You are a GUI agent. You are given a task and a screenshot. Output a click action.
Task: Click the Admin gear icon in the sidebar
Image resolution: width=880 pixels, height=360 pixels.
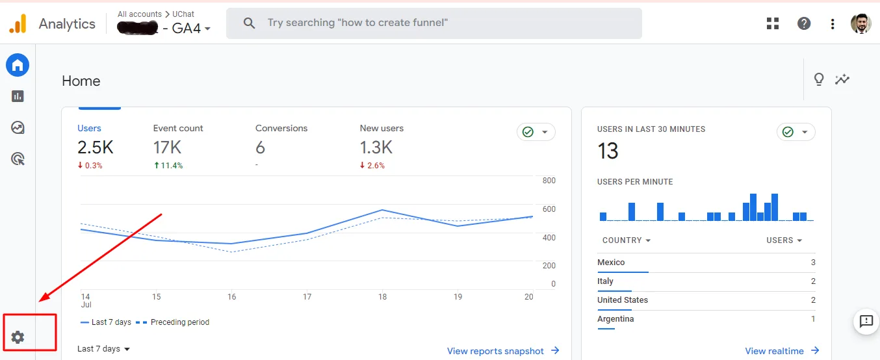coord(18,337)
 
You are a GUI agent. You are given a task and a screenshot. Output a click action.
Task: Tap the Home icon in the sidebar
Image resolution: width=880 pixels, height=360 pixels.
coord(18,65)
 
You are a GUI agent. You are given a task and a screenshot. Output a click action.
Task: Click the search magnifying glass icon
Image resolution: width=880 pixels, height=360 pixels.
coord(249,23)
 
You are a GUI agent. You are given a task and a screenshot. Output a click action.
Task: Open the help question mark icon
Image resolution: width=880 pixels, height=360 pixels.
coord(804,23)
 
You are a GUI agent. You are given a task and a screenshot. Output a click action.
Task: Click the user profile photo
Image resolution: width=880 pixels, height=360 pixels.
coord(861,23)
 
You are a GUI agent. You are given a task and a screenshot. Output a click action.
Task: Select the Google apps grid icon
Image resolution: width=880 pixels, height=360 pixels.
coord(773,23)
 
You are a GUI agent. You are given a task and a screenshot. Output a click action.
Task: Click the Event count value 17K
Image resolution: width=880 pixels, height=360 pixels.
coord(167,148)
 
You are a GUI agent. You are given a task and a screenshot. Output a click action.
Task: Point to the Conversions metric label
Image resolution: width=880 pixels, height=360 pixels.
coord(281,128)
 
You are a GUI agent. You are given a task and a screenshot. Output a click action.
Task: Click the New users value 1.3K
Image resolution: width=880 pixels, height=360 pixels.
coord(376,148)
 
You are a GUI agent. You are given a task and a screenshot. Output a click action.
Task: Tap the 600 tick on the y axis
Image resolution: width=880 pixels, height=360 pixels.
coord(549,209)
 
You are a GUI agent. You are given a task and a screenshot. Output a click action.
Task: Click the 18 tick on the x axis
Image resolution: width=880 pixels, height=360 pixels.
coord(382,297)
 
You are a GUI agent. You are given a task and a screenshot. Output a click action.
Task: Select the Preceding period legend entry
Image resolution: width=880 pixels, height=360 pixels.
coord(172,322)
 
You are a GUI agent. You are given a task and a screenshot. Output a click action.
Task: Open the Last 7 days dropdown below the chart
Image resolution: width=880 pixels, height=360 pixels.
coord(103,348)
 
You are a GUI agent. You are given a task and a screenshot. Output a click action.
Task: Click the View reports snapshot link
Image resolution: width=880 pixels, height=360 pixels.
coord(503,351)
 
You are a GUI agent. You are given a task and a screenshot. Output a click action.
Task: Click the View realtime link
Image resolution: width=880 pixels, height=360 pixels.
coord(782,351)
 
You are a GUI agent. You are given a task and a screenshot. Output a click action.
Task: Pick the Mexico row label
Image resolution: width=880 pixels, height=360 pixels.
coord(611,263)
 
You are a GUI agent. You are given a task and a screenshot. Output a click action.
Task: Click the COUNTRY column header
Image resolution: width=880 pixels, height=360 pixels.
coord(627,240)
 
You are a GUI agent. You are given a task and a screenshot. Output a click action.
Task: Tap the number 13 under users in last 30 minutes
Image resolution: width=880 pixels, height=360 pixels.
coord(608,151)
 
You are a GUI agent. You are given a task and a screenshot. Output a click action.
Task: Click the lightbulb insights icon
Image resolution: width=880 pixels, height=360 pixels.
coord(819,79)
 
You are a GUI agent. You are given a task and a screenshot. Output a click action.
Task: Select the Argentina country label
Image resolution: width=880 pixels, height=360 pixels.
coord(615,319)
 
